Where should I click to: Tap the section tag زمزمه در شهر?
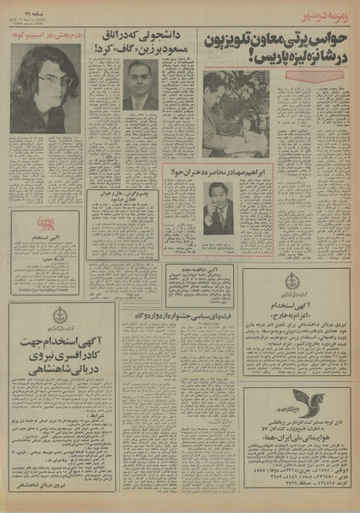click(x=329, y=15)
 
